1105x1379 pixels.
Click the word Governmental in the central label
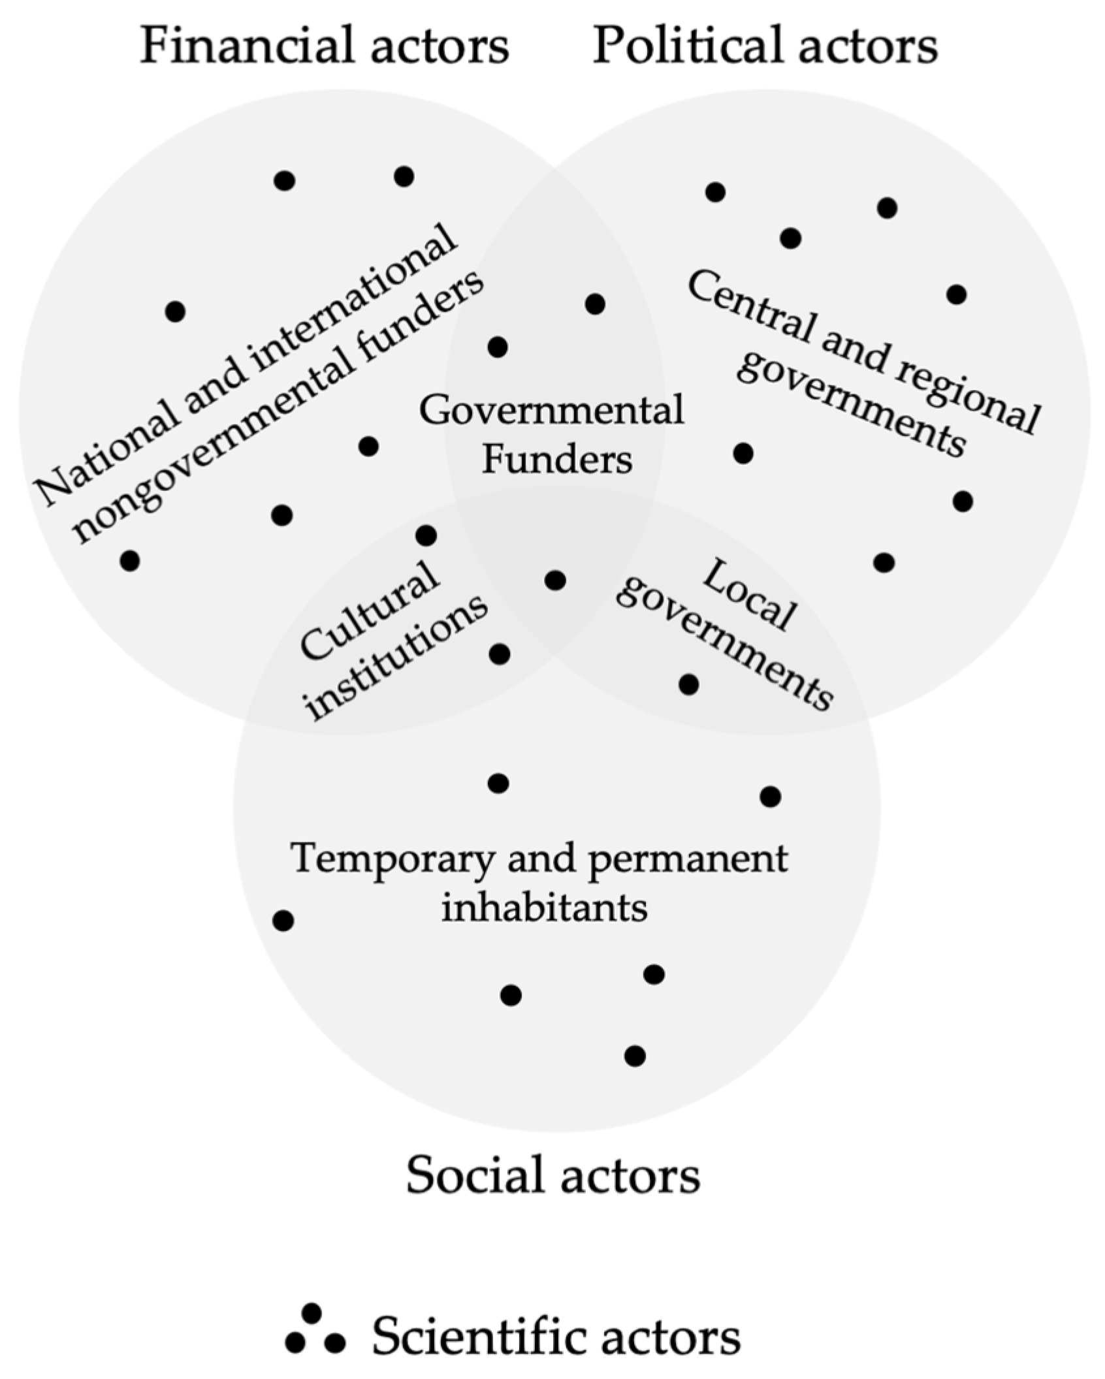(x=552, y=410)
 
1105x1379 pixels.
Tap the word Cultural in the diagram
(x=369, y=610)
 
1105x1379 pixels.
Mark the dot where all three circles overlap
(x=555, y=580)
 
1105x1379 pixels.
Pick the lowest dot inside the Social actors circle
(x=635, y=1056)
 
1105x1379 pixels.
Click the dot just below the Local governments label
(x=689, y=684)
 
